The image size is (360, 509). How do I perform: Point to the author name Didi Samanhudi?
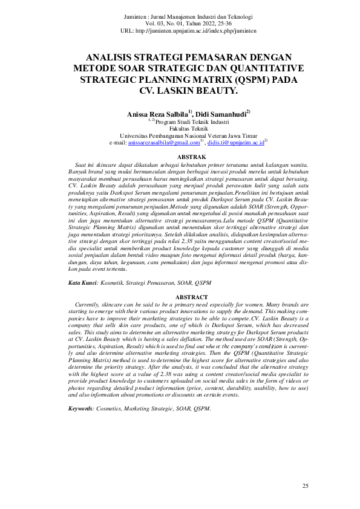[218, 114]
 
